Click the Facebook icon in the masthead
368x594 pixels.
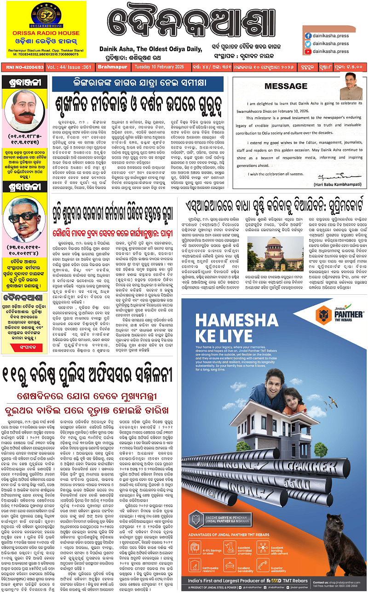pos(308,35)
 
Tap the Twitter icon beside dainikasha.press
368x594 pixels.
pos(308,44)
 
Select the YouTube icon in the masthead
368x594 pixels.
pos(308,52)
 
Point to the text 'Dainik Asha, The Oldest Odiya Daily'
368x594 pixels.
pos(151,49)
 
